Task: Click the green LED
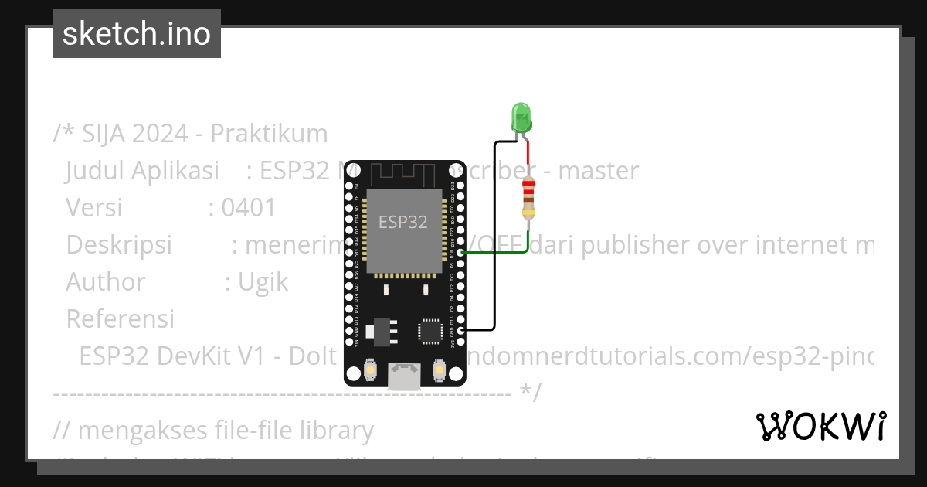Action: click(521, 117)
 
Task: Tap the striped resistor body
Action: click(528, 197)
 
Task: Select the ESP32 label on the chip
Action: click(402, 222)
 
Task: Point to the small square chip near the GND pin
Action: click(429, 331)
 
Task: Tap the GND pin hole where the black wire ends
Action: click(460, 331)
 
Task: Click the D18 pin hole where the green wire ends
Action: click(460, 252)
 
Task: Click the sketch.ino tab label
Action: click(137, 34)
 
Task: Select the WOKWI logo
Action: click(820, 426)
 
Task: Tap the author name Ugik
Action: click(263, 282)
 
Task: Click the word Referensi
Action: click(120, 318)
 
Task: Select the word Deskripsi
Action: click(119, 245)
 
